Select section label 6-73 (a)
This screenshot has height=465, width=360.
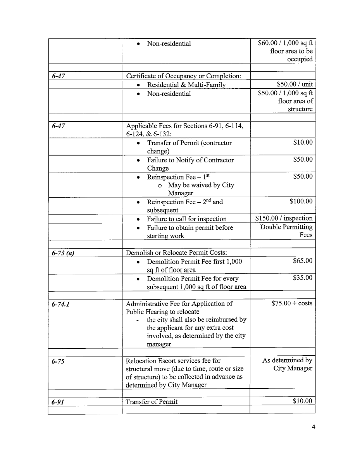[x=63, y=253]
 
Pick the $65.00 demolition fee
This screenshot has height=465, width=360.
[x=303, y=261]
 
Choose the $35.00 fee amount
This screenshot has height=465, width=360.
[x=303, y=278]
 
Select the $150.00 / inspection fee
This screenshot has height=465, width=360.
[x=284, y=219]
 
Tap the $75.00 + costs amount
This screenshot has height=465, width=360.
[x=292, y=303]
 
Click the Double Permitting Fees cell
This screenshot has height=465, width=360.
[x=286, y=231]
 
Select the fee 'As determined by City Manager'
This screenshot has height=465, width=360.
[x=287, y=364]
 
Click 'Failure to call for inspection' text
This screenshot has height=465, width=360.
[x=186, y=219]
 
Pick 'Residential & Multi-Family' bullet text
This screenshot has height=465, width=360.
[x=186, y=85]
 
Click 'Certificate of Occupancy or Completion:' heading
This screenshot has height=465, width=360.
[x=184, y=76]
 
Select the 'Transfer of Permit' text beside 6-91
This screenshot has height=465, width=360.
[x=152, y=401]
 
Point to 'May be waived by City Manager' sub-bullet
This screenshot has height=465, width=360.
[x=201, y=189]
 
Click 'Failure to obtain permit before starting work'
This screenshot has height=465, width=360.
[x=189, y=232]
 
